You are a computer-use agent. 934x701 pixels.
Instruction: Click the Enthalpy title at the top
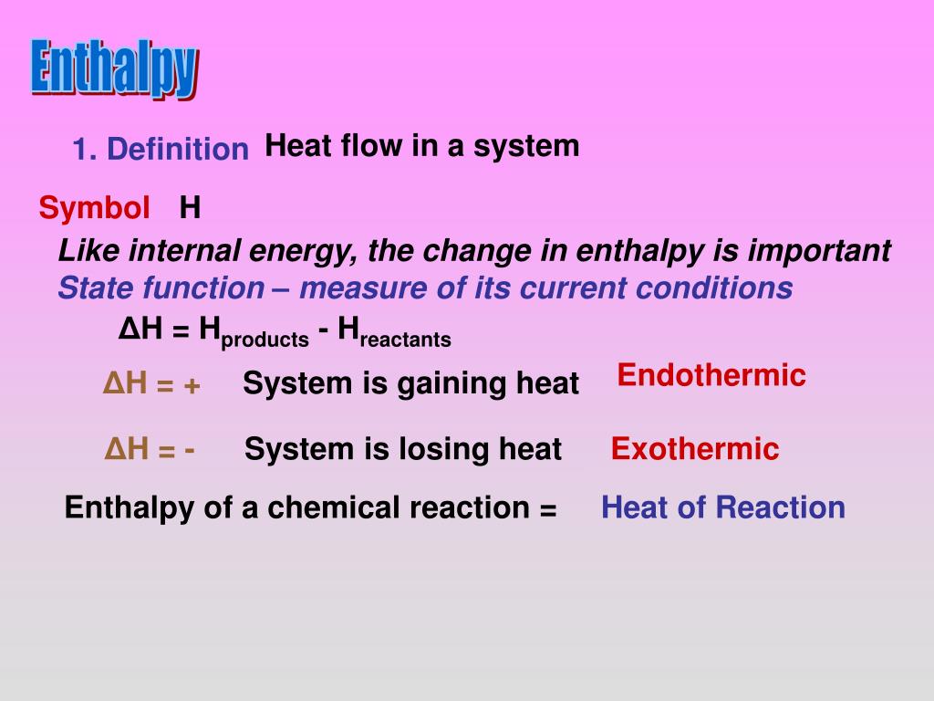click(114, 68)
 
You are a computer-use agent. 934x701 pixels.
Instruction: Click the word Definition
click(177, 150)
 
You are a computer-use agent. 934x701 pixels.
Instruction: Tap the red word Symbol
click(94, 209)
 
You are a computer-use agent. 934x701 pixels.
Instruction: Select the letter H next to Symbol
click(190, 209)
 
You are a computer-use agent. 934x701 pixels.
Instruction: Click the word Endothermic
click(711, 375)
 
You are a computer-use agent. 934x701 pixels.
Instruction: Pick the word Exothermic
click(695, 449)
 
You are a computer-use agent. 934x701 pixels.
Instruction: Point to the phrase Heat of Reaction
click(722, 507)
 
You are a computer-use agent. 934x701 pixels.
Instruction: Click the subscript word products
click(265, 340)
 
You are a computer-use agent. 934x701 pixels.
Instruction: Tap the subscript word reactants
click(406, 340)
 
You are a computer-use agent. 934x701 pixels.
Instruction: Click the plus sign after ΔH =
click(191, 385)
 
